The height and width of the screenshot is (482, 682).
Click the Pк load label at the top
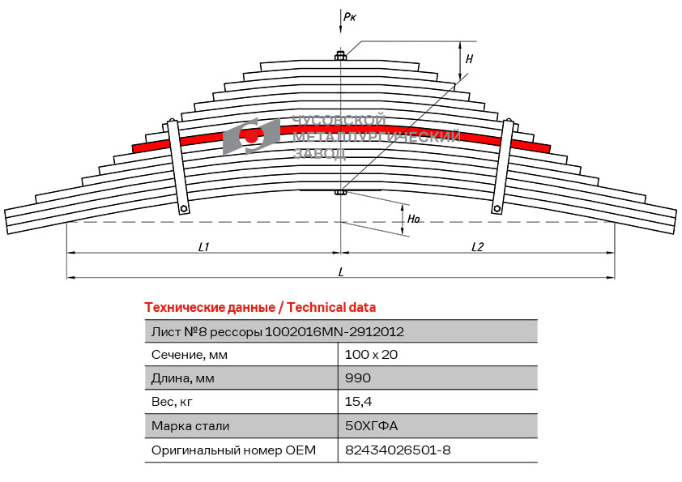point(350,17)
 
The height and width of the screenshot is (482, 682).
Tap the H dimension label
point(469,58)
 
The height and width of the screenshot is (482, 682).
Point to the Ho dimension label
point(413,219)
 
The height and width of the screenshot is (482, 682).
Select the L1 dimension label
point(203,247)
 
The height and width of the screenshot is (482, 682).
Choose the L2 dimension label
point(477,247)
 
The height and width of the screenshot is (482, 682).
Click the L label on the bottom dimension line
point(341,272)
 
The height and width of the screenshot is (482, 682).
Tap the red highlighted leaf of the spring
point(341,132)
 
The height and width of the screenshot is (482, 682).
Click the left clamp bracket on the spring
point(178,167)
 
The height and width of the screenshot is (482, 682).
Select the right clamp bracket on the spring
point(503,167)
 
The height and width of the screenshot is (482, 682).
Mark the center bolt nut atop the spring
point(340,56)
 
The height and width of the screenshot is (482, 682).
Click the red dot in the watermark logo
point(251,137)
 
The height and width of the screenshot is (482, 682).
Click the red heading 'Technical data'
point(331,308)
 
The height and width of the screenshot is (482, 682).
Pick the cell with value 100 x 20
point(371,355)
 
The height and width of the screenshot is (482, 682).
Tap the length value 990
point(357,378)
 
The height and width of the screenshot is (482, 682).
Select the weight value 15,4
point(358,402)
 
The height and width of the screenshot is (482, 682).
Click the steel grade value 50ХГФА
point(371,425)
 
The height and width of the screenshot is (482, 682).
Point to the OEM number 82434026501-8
point(398,450)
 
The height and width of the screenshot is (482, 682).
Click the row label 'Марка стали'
point(190,426)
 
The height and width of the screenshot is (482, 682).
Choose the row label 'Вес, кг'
point(172,402)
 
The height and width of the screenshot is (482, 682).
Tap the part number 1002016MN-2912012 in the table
point(334,332)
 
